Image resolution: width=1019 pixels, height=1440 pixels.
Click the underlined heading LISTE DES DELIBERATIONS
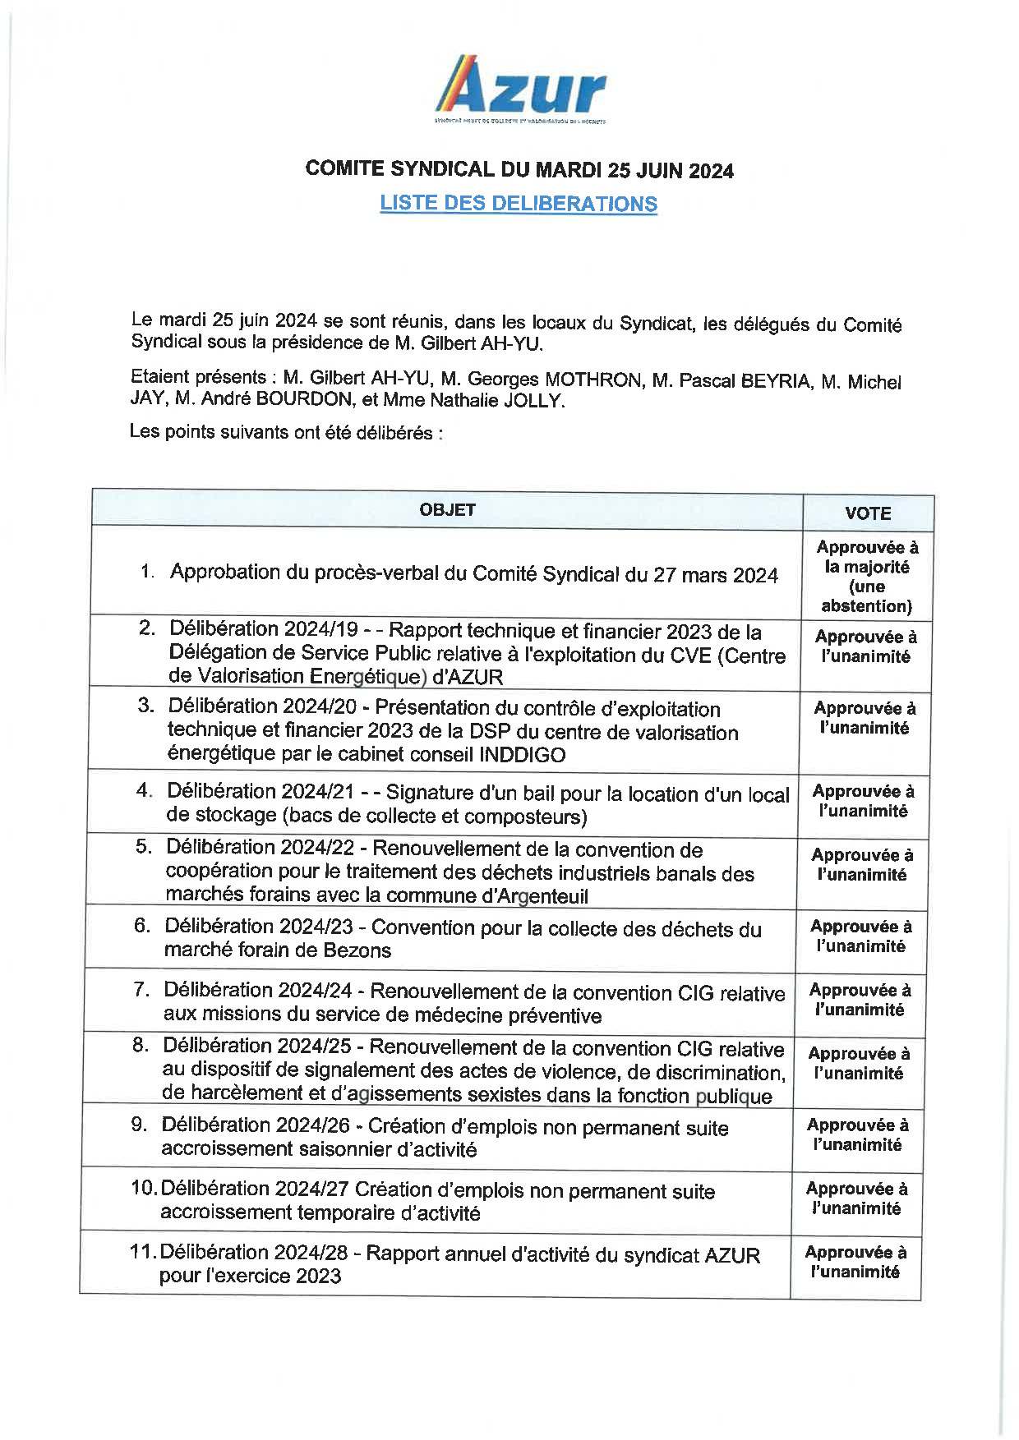519,203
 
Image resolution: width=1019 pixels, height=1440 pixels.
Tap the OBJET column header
447,509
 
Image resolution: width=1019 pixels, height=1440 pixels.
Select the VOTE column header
868,513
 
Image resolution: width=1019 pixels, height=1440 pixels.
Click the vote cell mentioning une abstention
867,577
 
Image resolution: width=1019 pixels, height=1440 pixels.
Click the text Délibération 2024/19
263,629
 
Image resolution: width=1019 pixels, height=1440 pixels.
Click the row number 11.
143,1252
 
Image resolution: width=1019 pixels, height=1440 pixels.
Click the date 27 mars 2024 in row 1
715,575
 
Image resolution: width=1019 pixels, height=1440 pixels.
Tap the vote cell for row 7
860,1000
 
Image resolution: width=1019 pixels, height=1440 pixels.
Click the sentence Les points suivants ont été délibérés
285,431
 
